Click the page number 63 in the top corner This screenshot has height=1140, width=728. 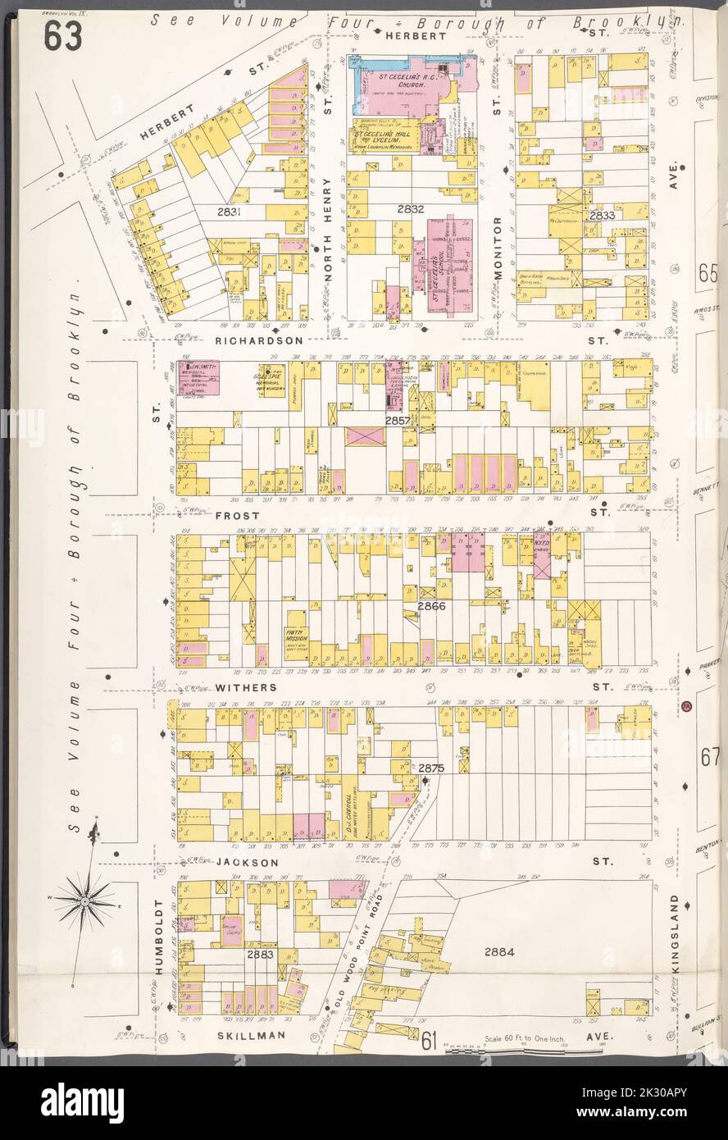point(62,35)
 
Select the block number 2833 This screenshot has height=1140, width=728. point(602,215)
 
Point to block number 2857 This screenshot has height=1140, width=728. point(398,420)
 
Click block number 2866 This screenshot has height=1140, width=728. point(431,606)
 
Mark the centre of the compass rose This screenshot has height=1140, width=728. point(85,902)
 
